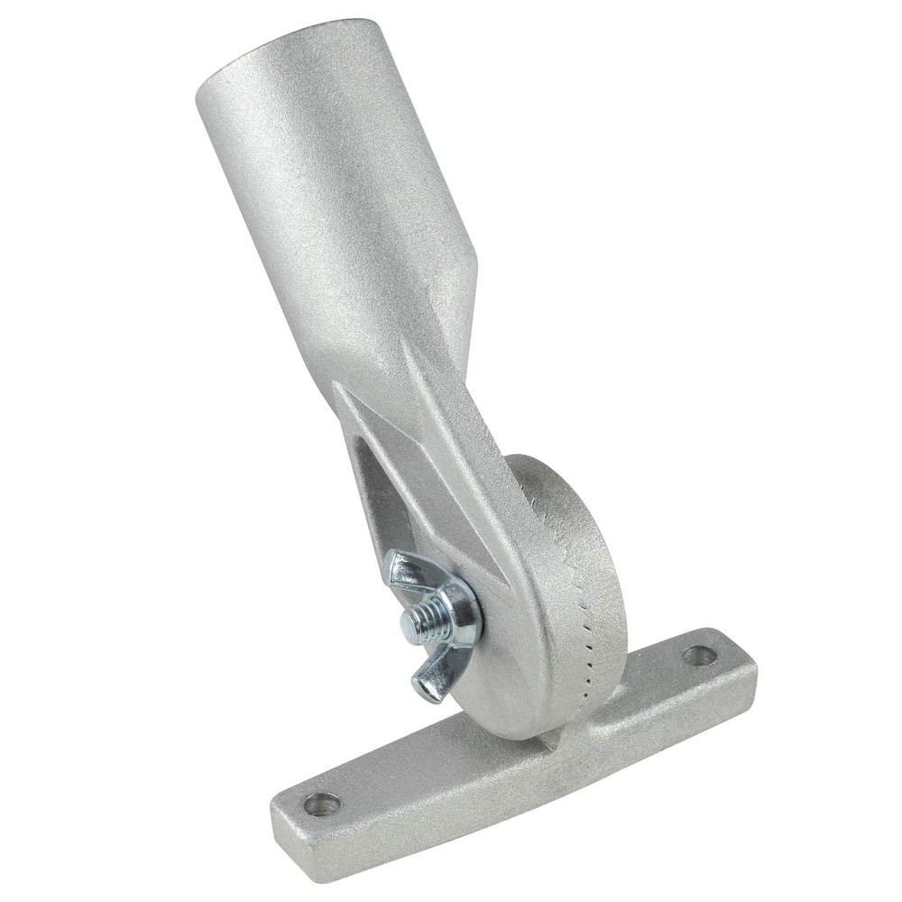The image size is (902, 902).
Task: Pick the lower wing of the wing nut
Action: [431, 676]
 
